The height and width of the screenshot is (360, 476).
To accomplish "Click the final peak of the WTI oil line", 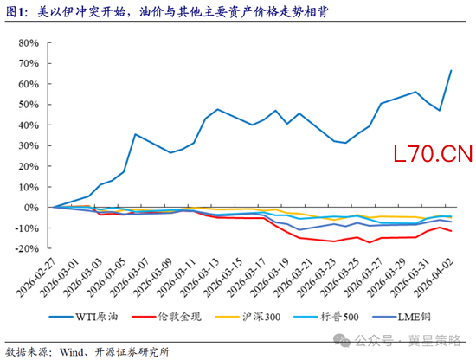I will coord(451,71).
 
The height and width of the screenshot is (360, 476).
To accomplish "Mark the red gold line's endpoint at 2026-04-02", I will coord(451,231).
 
